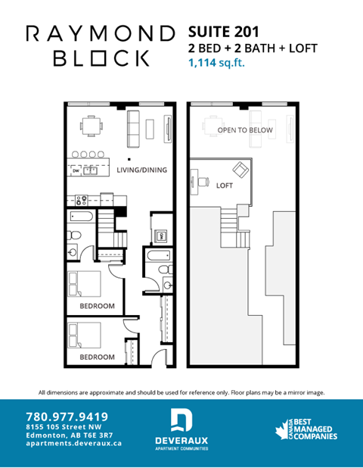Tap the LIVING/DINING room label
(x=141, y=170)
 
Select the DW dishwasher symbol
(x=76, y=170)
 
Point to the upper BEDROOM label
(x=97, y=306)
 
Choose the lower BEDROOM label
(x=97, y=356)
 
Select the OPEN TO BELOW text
(x=245, y=130)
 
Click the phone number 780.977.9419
(x=67, y=416)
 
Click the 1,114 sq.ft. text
(x=216, y=64)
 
